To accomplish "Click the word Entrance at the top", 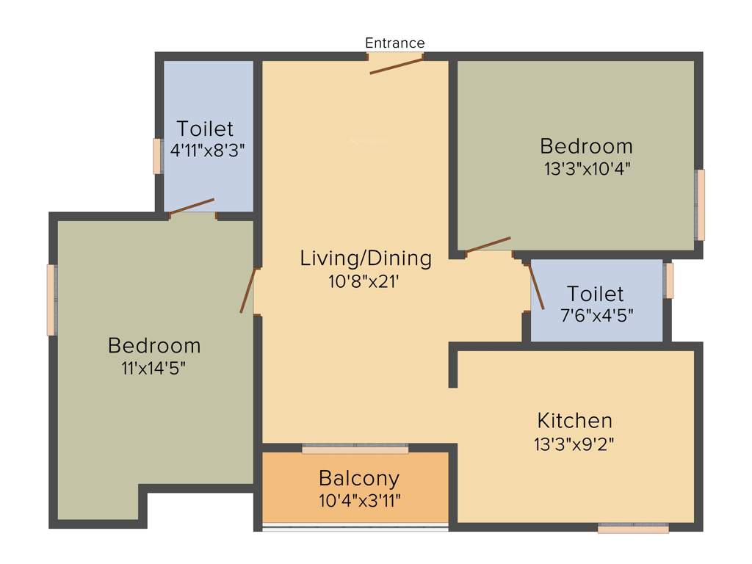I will tap(395, 43).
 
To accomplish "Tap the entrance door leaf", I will tap(397, 66).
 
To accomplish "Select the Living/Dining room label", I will tap(366, 258).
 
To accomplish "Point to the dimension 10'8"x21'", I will tap(366, 281).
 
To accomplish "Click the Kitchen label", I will tap(575, 421).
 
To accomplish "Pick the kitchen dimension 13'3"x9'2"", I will tap(575, 444).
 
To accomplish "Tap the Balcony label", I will tap(359, 479).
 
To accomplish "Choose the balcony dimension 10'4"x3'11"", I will tap(359, 501).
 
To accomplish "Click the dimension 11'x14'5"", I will tap(154, 368).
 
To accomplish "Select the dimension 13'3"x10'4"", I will tap(587, 168).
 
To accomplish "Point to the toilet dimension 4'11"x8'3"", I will tap(206, 151).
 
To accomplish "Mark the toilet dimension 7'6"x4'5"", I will tap(596, 315).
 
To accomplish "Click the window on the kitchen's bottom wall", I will tap(633, 527).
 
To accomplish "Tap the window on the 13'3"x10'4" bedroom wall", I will tap(701, 205).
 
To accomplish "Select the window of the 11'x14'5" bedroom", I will tap(51, 300).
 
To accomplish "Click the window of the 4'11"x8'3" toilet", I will tap(157, 156).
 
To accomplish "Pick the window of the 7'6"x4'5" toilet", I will tap(669, 281).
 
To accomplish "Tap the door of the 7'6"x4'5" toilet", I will tap(537, 286).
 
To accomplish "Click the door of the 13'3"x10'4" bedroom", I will tap(488, 245).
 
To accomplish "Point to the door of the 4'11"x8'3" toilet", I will tap(192, 206).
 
